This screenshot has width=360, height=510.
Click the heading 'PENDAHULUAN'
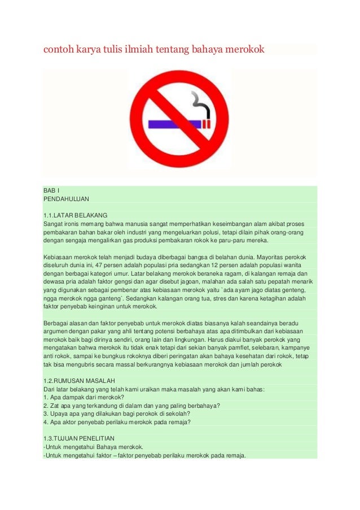[66, 199]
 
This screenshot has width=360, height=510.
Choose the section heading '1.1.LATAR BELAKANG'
[75, 215]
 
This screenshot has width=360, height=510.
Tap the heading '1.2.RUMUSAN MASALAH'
[79, 381]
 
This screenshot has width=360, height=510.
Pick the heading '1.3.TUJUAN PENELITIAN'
[79, 438]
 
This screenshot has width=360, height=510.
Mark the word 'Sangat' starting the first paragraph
[53, 224]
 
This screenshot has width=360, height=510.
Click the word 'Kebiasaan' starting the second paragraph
[58, 256]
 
